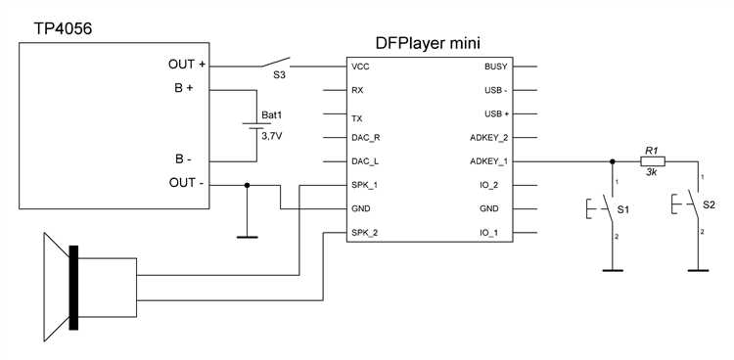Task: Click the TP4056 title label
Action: tap(63, 29)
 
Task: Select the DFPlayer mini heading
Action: tap(428, 44)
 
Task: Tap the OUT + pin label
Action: tap(186, 65)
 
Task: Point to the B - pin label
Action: tap(183, 159)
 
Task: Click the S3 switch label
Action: tap(279, 75)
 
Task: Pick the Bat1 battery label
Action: tap(270, 114)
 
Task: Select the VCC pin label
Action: tap(360, 67)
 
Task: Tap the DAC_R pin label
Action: tap(365, 138)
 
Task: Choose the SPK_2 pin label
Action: tap(364, 233)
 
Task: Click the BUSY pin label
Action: tap(496, 67)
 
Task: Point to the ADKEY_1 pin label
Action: tap(488, 161)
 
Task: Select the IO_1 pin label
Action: tap(497, 233)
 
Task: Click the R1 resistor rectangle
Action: tap(653, 161)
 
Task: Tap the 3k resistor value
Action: tap(652, 172)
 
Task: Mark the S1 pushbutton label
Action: tap(622, 210)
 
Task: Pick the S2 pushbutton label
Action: tap(709, 204)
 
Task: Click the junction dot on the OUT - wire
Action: tap(248, 186)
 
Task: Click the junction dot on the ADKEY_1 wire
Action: tap(612, 161)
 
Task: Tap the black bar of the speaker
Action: tap(73, 288)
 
